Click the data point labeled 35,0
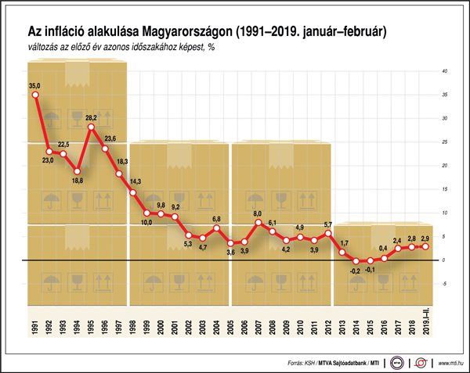pyautogui.click(x=35, y=95)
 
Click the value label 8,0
pyautogui.click(x=258, y=213)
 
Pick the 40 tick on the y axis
pyautogui.click(x=444, y=71)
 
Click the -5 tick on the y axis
pyautogui.click(x=444, y=283)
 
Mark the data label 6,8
pyautogui.click(x=217, y=219)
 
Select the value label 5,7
pyautogui.click(x=329, y=224)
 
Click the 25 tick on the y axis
pyautogui.click(x=444, y=142)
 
